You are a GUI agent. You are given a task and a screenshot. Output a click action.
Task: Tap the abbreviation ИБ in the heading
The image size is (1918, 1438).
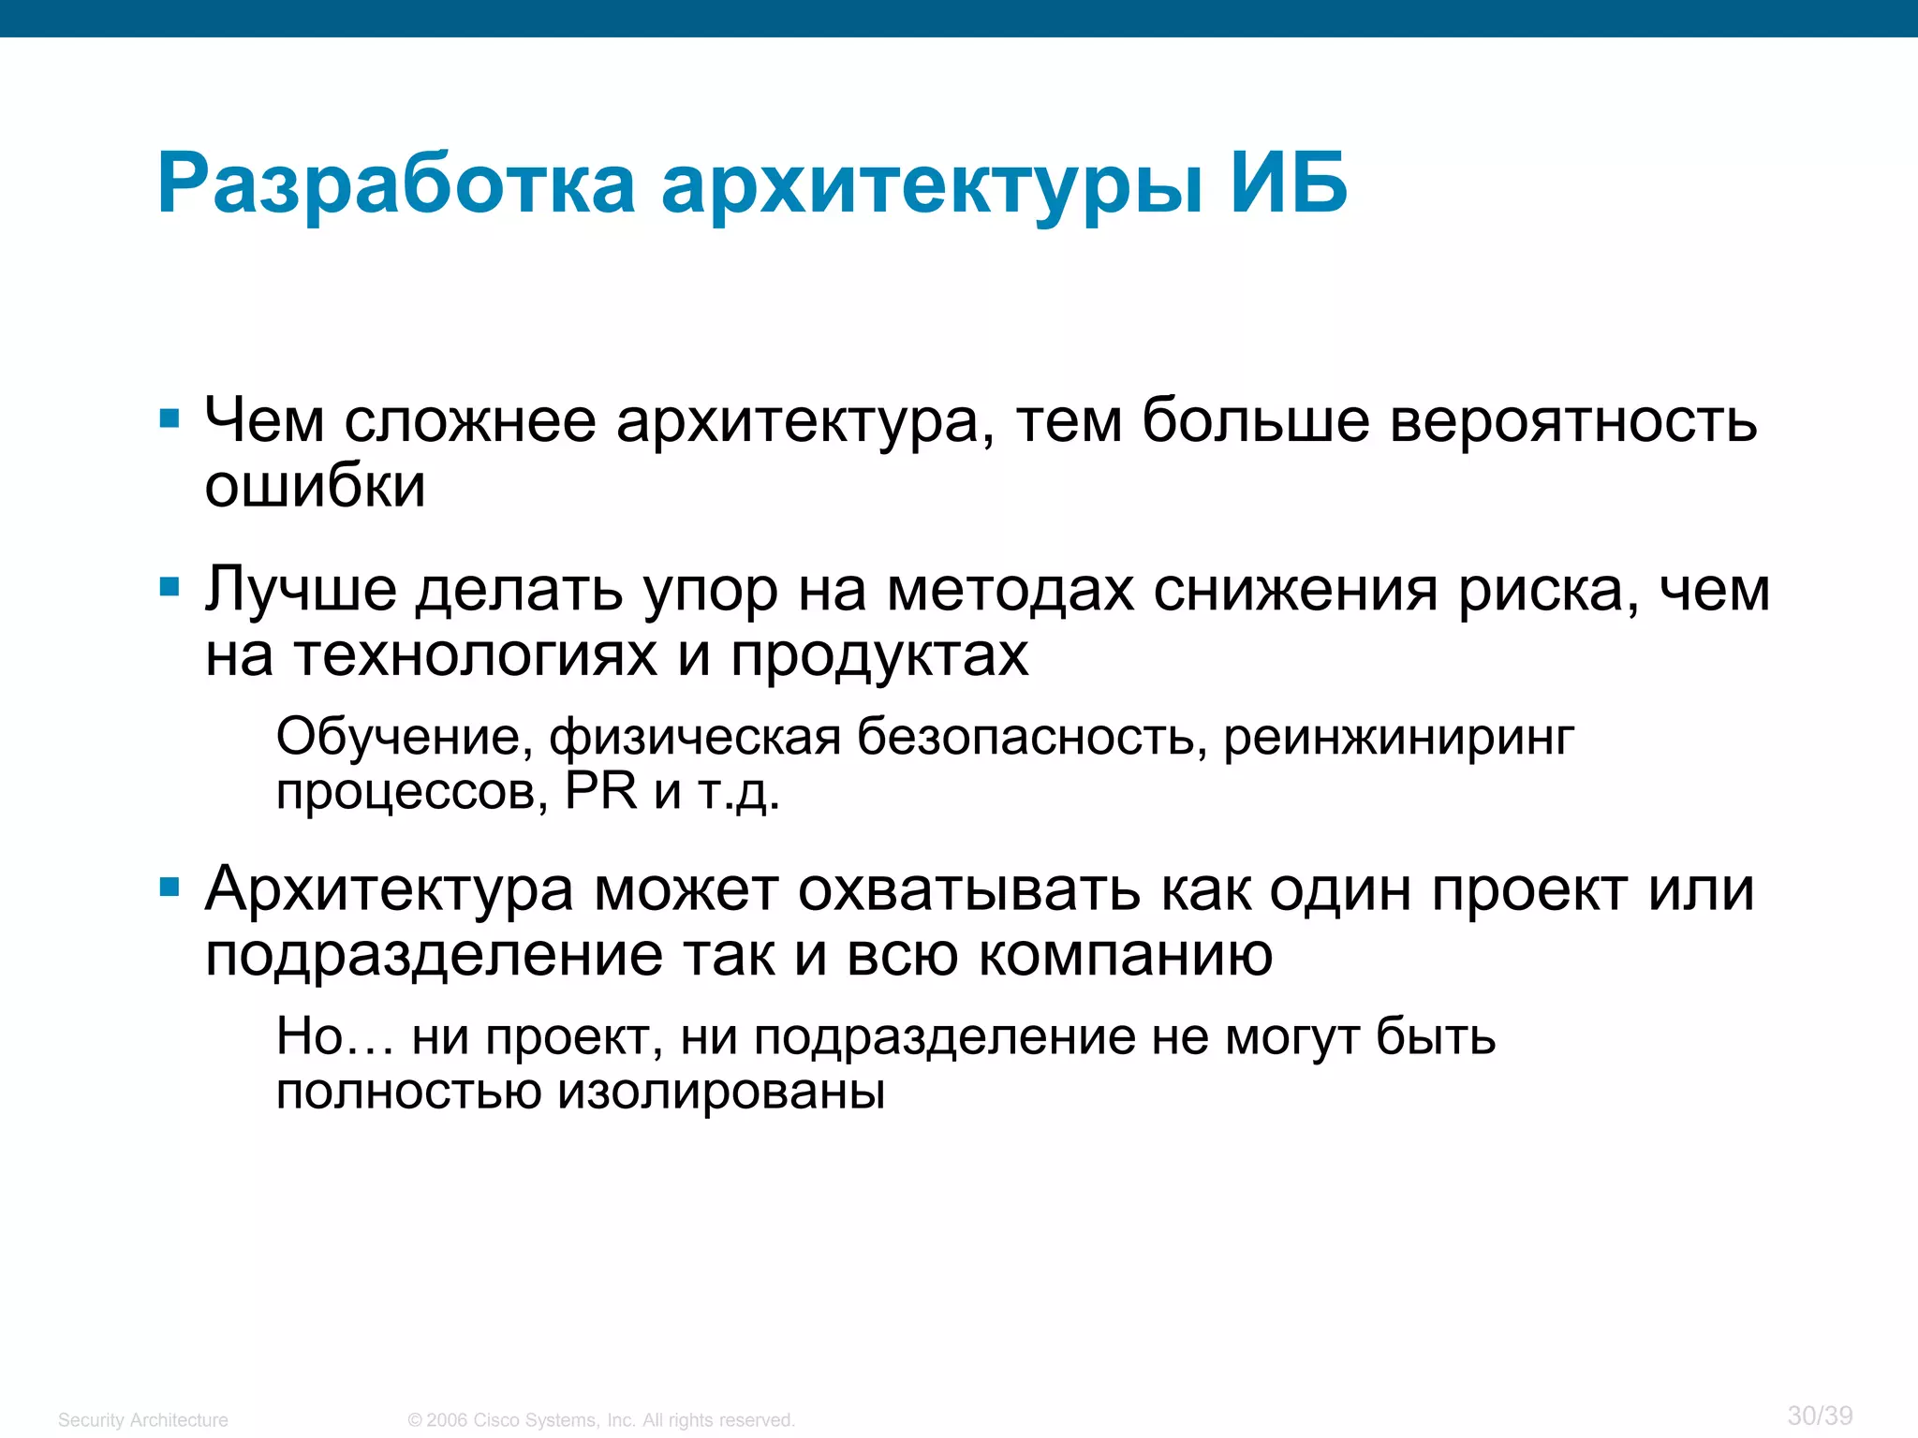[1289, 184]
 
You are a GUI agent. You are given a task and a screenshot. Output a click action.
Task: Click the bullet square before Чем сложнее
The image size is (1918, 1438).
[170, 418]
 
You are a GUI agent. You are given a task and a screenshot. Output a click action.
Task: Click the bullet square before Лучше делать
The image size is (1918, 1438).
[170, 588]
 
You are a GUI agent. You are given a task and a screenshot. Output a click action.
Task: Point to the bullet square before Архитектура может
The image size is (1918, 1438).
[170, 888]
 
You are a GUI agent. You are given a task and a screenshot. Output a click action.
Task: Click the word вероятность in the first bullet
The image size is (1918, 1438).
[1573, 421]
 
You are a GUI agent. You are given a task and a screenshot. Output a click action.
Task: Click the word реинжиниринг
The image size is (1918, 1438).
[1399, 740]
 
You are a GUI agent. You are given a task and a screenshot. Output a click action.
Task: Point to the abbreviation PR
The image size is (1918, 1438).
[600, 791]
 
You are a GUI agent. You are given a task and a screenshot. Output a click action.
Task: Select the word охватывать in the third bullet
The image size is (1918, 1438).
[968, 891]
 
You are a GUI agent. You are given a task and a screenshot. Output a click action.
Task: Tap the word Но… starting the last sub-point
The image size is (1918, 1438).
[333, 1037]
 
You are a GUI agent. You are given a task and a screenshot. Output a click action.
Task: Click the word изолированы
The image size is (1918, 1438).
[721, 1093]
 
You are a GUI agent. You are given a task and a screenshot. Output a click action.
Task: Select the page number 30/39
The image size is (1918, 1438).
[1820, 1416]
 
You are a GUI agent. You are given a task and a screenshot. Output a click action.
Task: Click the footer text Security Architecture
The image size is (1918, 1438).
[142, 1420]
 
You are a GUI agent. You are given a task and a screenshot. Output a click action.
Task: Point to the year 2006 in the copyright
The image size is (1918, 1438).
[448, 1420]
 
